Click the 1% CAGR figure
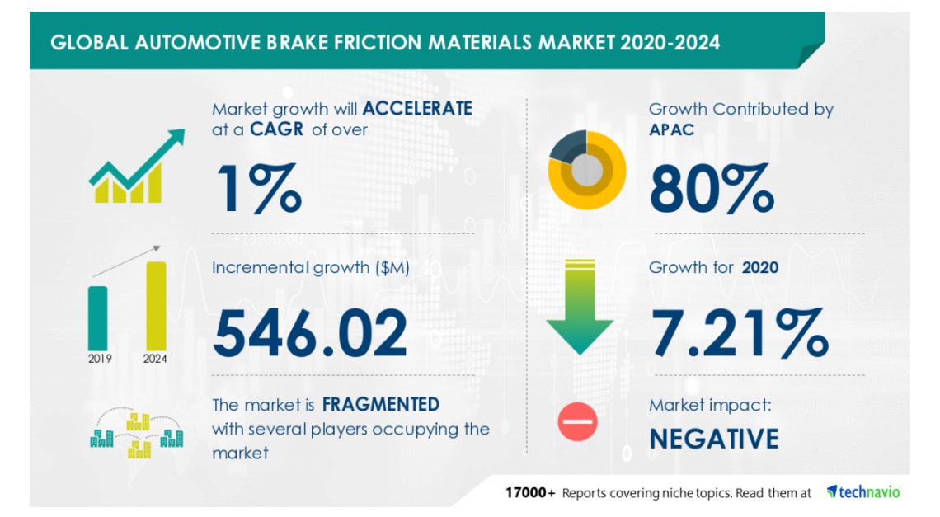click(x=259, y=188)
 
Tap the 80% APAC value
click(x=712, y=188)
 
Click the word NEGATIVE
click(x=714, y=439)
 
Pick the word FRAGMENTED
click(x=381, y=404)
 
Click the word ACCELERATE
click(x=417, y=109)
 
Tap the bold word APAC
click(x=671, y=129)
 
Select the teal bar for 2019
click(x=98, y=318)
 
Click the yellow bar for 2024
click(x=156, y=306)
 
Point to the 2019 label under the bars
click(x=100, y=359)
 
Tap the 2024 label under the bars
click(x=155, y=359)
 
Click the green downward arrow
click(x=580, y=307)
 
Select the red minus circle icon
click(x=577, y=421)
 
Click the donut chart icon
click(x=587, y=171)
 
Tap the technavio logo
click(x=864, y=491)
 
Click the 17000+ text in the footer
click(x=530, y=493)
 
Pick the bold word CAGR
click(x=276, y=129)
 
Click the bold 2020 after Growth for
click(x=760, y=267)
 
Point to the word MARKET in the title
click(x=576, y=43)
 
